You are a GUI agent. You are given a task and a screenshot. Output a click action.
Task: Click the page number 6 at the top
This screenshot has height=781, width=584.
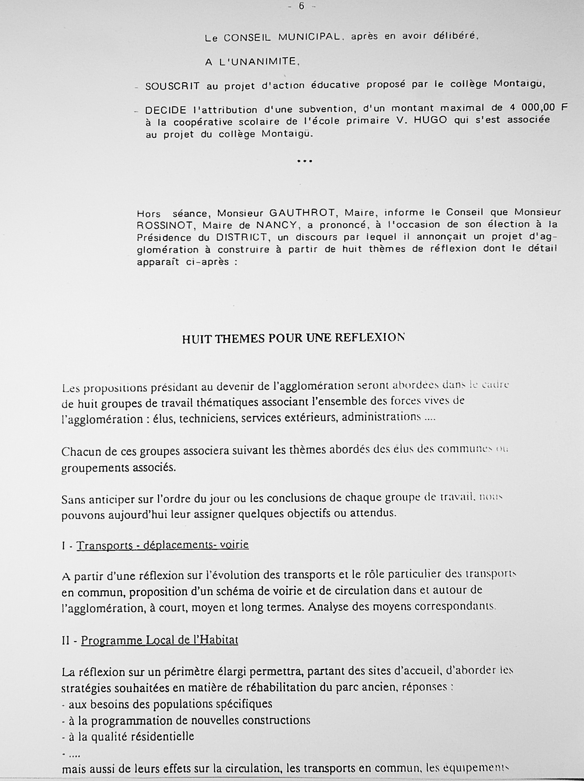click(x=301, y=6)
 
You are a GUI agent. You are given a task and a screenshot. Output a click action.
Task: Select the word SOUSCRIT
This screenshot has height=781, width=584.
click(x=172, y=86)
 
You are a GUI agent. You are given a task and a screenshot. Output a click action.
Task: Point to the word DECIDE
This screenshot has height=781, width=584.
click(x=166, y=110)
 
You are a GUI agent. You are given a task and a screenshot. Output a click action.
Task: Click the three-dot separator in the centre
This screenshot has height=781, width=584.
click(x=305, y=161)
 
